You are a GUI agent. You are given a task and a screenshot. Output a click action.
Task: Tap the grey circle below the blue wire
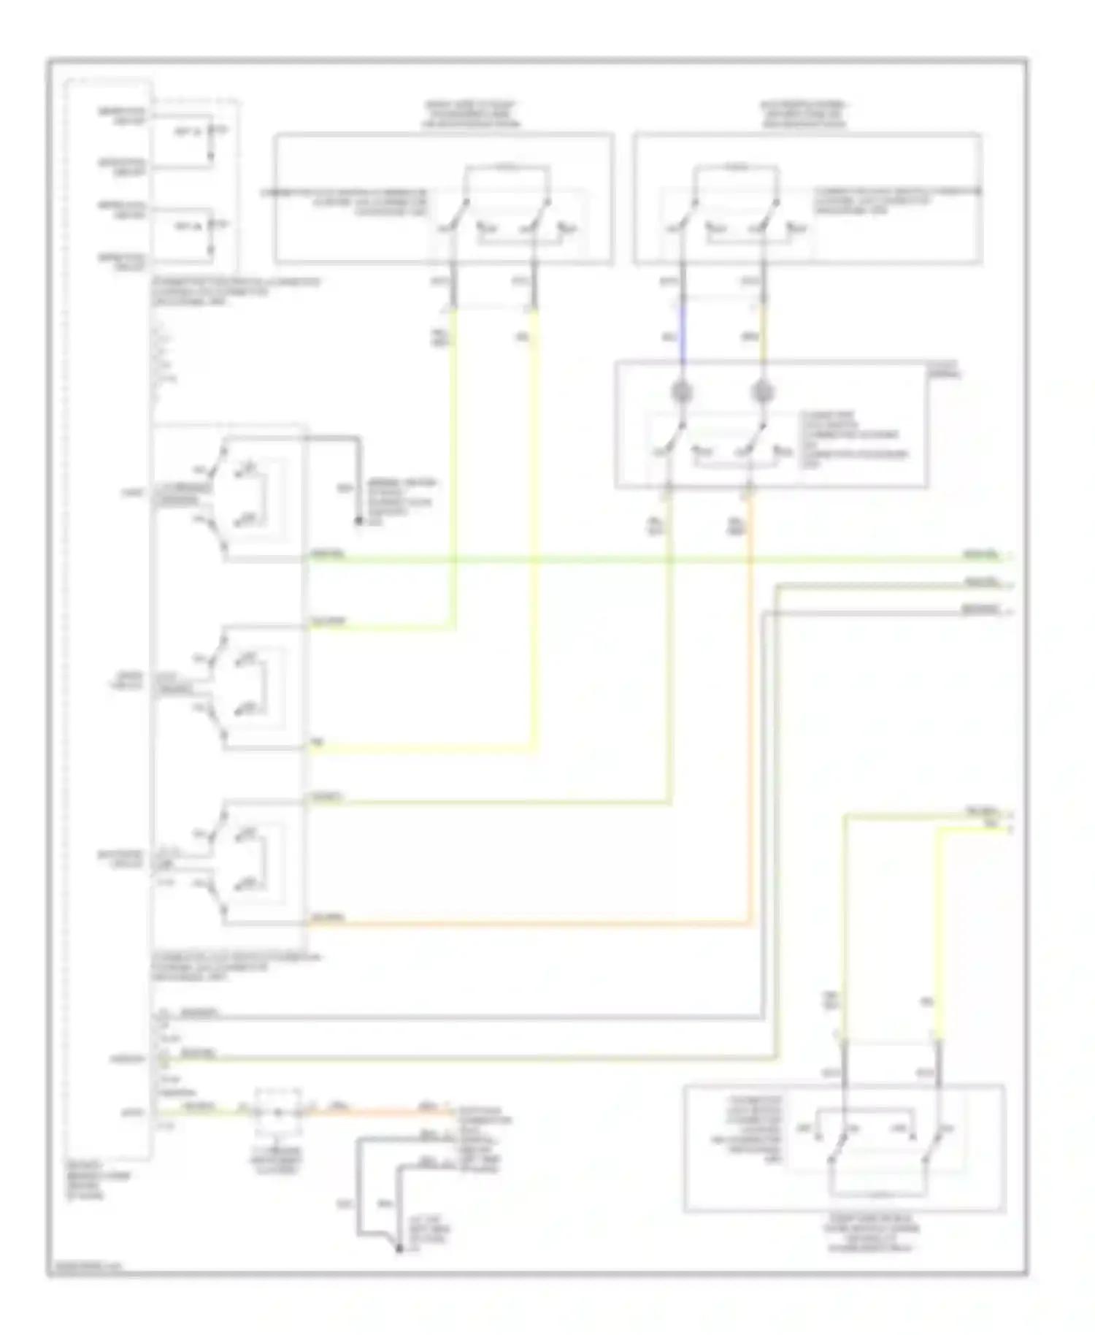click(x=682, y=392)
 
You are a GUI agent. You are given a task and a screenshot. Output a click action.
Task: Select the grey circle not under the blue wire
click(x=763, y=392)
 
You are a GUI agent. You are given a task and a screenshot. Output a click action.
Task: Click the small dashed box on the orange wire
click(x=278, y=1112)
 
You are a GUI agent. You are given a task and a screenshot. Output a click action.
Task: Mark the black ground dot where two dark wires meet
click(x=399, y=1250)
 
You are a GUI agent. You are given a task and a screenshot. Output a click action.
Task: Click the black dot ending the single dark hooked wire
click(x=358, y=521)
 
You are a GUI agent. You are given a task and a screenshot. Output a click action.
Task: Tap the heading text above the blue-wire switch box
click(x=803, y=115)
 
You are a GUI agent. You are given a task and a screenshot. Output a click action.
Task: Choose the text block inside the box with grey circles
click(x=854, y=439)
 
